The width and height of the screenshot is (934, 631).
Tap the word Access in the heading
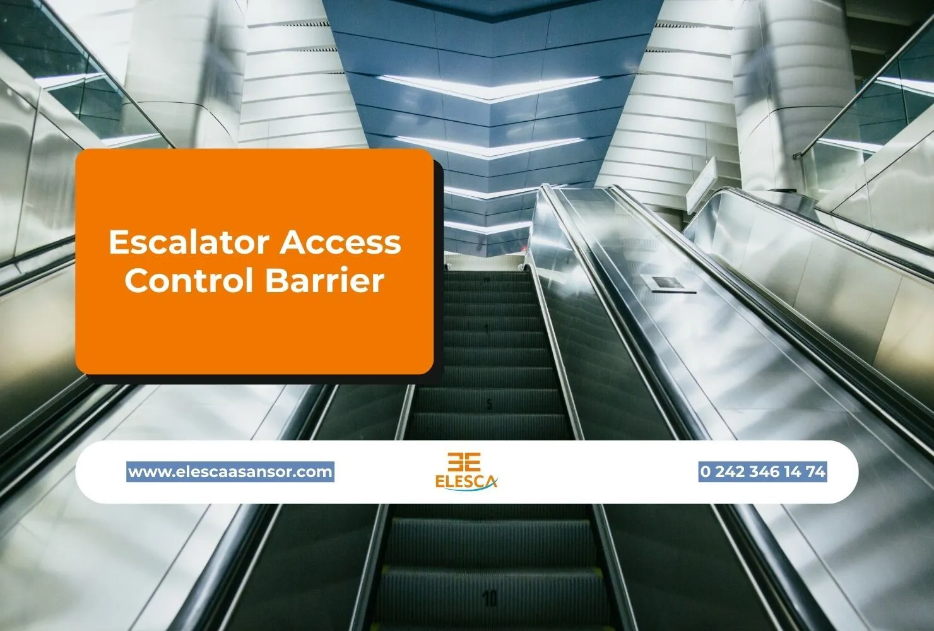(341, 243)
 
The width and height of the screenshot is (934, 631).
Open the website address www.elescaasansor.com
(230, 471)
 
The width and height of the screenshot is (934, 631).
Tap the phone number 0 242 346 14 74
(762, 471)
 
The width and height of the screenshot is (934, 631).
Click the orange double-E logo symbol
(465, 462)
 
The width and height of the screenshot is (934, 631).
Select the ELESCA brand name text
(466, 481)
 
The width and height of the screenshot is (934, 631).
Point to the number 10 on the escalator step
(490, 596)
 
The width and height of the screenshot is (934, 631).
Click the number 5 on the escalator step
(490, 404)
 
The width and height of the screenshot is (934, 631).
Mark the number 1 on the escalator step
(486, 327)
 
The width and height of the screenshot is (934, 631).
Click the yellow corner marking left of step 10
(386, 571)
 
